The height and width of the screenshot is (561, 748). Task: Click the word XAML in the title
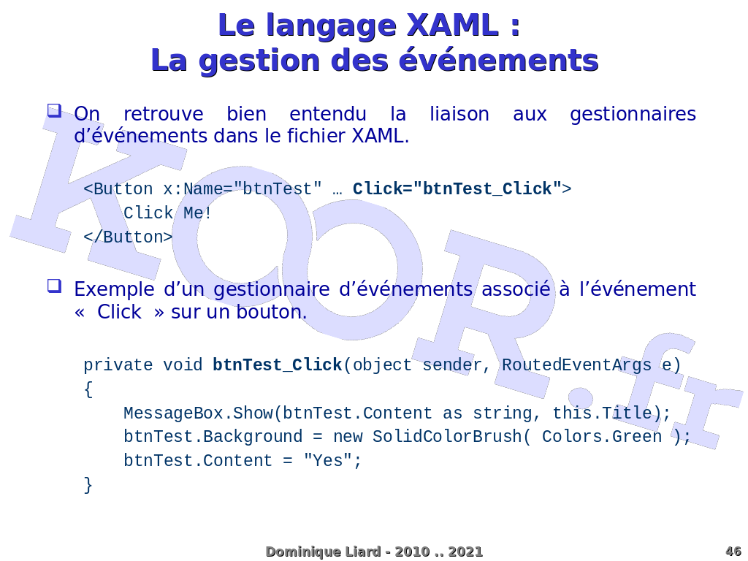452,26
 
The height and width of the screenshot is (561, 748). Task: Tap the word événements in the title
498,60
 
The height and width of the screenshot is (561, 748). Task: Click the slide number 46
733,552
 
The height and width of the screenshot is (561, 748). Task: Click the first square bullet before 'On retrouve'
54,111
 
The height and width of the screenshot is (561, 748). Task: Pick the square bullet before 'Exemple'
54,286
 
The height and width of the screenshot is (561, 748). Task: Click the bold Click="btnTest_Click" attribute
457,189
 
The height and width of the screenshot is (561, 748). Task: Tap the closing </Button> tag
128,237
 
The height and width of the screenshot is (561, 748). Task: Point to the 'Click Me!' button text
167,213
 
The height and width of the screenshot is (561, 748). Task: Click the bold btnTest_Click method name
277,365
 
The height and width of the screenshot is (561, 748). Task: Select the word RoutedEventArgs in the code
577,365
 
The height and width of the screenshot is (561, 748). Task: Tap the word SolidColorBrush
447,437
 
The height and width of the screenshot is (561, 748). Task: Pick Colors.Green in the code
602,437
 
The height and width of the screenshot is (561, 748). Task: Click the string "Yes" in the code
328,460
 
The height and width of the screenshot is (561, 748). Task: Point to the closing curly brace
88,485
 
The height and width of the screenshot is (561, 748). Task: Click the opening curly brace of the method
88,389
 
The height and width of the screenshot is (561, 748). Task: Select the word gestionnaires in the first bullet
633,115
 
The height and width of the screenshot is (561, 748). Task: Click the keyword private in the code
118,365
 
